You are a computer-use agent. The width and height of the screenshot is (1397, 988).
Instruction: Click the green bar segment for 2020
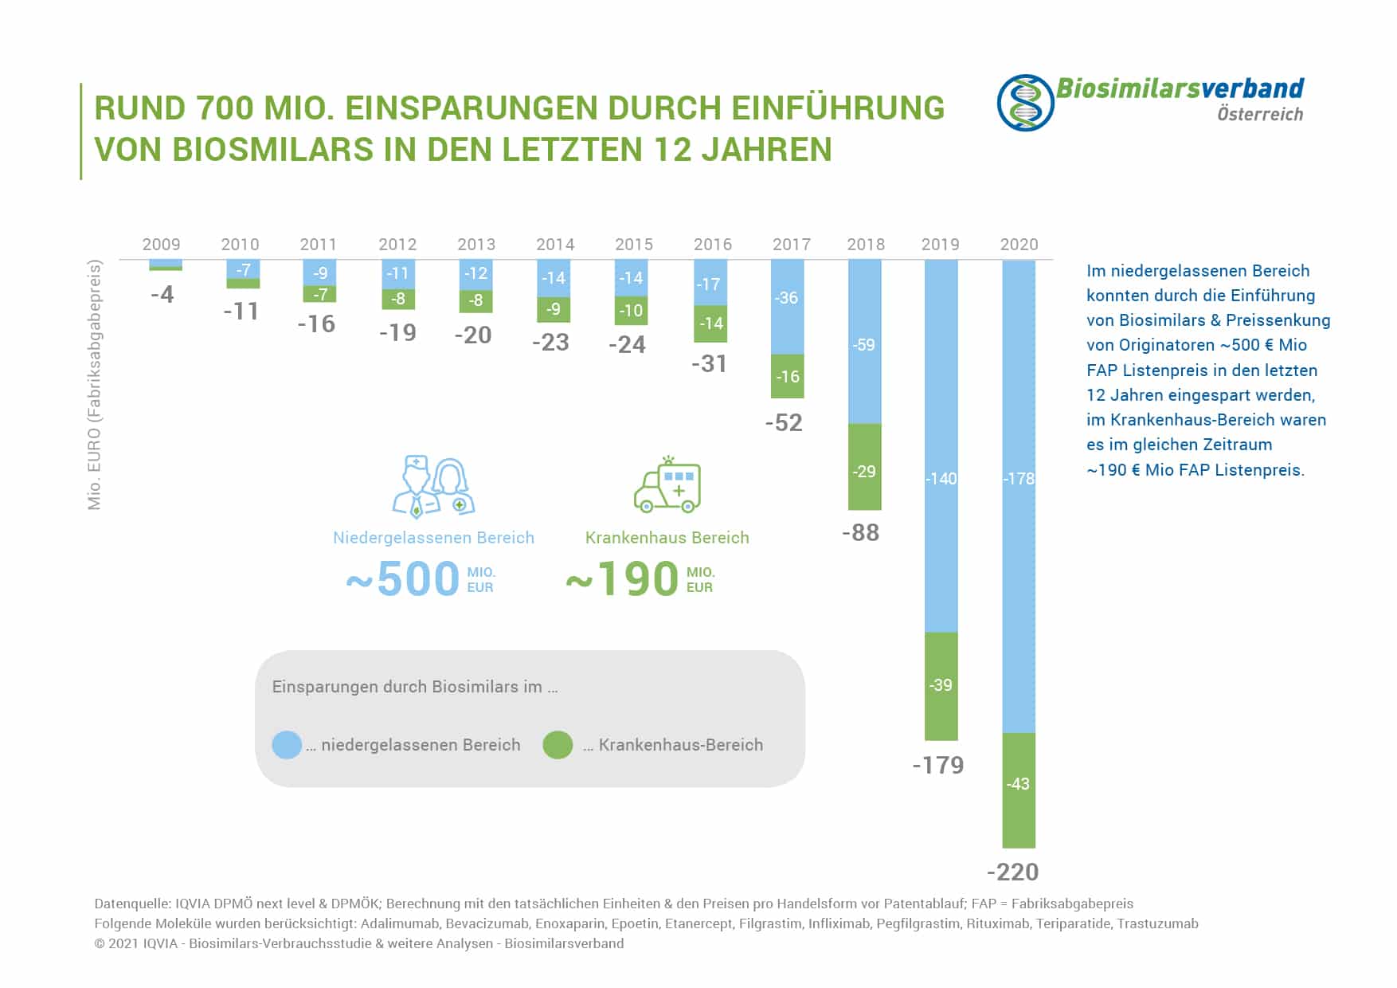point(1019,790)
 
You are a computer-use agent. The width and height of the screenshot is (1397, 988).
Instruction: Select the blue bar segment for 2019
point(941,446)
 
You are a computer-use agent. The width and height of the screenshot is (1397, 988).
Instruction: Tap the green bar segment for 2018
point(864,467)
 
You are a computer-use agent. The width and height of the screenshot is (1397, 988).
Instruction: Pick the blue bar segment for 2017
point(787,307)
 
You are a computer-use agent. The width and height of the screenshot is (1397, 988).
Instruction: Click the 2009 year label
point(161,245)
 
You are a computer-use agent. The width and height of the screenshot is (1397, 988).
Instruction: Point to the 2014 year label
point(555,245)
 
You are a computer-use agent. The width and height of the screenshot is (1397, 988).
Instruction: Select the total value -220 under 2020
point(1012,872)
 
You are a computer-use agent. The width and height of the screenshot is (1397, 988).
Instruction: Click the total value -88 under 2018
point(860,532)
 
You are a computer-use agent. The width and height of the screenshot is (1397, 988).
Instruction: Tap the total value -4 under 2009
point(162,295)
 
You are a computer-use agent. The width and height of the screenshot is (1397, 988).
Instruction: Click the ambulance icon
point(667,485)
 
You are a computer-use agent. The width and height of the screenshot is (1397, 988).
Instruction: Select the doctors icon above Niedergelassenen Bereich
point(433,487)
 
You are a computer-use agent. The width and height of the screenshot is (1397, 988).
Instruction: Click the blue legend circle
point(287,745)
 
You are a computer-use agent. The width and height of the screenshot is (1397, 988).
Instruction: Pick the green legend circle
point(558,745)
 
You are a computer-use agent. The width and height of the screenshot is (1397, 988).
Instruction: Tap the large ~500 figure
point(403,579)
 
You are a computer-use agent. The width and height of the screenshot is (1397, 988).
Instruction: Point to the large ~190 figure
point(622,579)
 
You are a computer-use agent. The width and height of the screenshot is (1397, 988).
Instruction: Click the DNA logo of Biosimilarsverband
point(1025,103)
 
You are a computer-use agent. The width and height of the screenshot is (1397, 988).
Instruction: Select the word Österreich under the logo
point(1259,114)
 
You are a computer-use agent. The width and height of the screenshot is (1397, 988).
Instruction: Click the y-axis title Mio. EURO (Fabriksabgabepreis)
point(95,384)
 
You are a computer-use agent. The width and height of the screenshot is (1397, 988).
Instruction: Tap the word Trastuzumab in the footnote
point(1156,923)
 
